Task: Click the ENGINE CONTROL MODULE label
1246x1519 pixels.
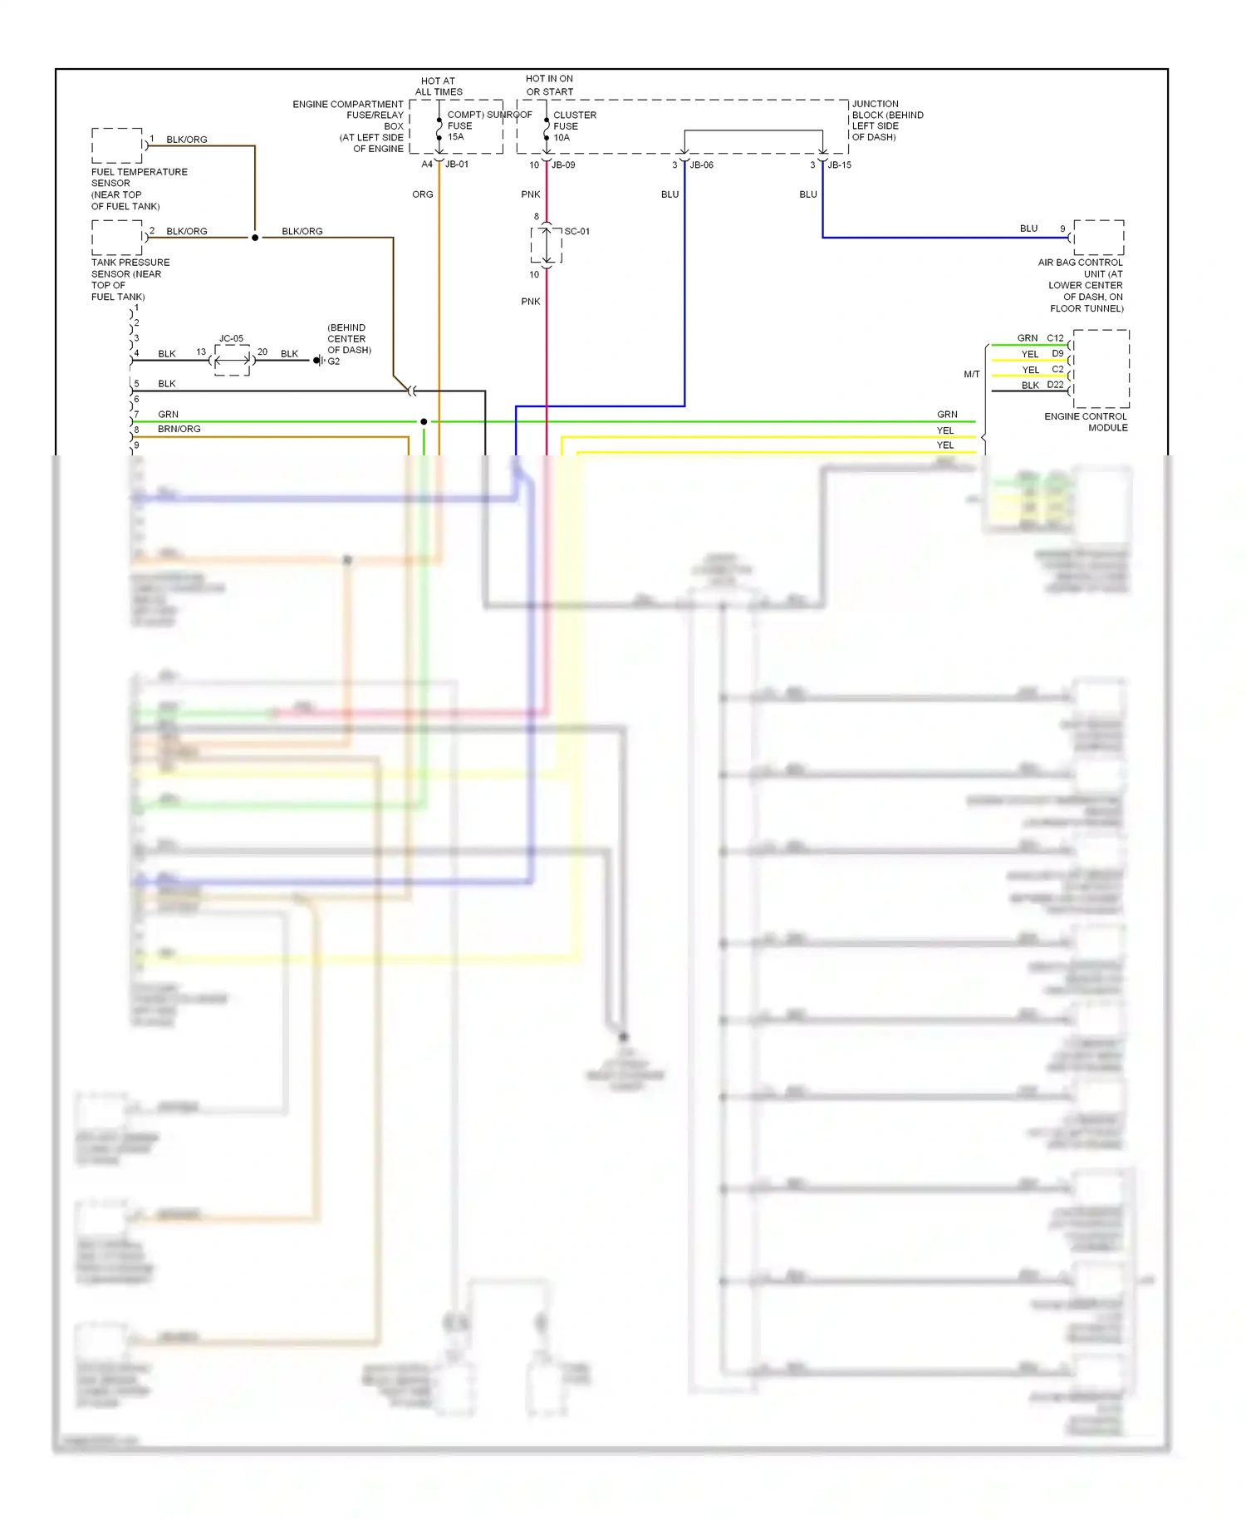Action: (x=1086, y=422)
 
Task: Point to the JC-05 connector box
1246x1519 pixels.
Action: (x=232, y=360)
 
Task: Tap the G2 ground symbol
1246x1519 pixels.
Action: (x=319, y=361)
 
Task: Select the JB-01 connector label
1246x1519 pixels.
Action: (x=457, y=165)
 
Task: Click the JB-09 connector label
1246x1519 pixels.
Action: (x=563, y=165)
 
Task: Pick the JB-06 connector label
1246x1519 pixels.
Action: (x=701, y=165)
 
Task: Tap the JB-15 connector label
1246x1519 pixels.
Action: (x=839, y=165)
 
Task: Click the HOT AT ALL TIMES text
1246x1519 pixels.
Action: (x=439, y=86)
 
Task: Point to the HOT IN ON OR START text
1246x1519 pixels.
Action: (x=549, y=85)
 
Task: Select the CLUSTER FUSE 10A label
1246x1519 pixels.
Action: (x=573, y=126)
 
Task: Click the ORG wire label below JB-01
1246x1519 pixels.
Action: (x=422, y=194)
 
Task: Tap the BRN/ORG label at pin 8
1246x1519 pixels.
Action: (x=179, y=429)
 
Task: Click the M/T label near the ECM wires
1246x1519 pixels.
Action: (x=971, y=374)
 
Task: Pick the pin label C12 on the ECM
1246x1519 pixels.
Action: (x=1055, y=338)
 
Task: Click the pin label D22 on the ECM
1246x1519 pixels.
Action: (x=1055, y=385)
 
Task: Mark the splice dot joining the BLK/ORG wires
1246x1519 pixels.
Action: (x=255, y=238)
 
